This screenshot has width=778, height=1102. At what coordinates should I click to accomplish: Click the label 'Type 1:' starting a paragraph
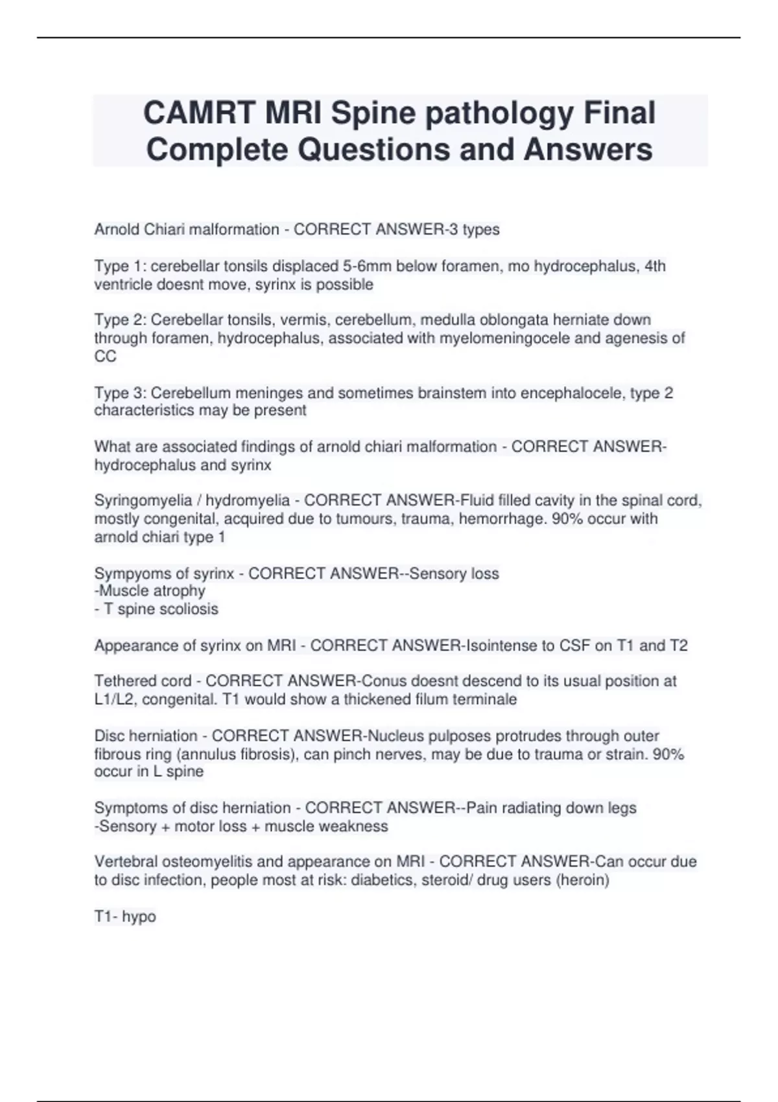pyautogui.click(x=120, y=266)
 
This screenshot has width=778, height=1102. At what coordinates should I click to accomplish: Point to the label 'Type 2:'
pyautogui.click(x=120, y=320)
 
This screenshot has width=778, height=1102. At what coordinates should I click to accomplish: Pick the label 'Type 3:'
pyautogui.click(x=120, y=393)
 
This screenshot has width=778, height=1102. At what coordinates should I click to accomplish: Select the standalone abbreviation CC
pyautogui.click(x=105, y=357)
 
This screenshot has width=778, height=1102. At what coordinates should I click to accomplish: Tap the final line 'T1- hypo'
pyautogui.click(x=125, y=917)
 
